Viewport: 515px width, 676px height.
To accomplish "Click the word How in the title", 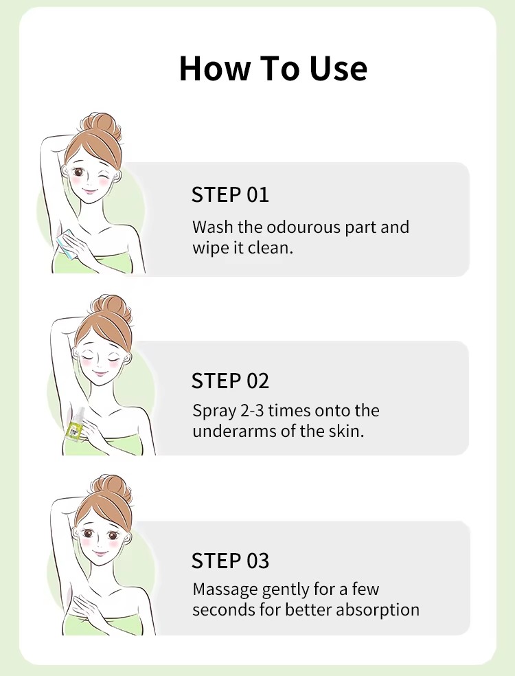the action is (x=215, y=68).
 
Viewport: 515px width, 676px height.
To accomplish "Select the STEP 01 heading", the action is (x=230, y=194).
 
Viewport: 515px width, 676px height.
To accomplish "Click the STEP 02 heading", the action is (x=230, y=381).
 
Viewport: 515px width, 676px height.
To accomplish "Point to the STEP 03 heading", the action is (x=230, y=561).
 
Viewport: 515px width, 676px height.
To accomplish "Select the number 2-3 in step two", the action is (x=251, y=410).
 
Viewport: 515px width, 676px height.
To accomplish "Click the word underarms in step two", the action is (x=234, y=431).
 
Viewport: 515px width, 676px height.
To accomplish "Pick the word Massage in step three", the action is (x=225, y=589).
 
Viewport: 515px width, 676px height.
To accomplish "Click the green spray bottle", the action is (x=74, y=425).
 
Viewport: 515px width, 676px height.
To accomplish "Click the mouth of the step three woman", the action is (x=101, y=553).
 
